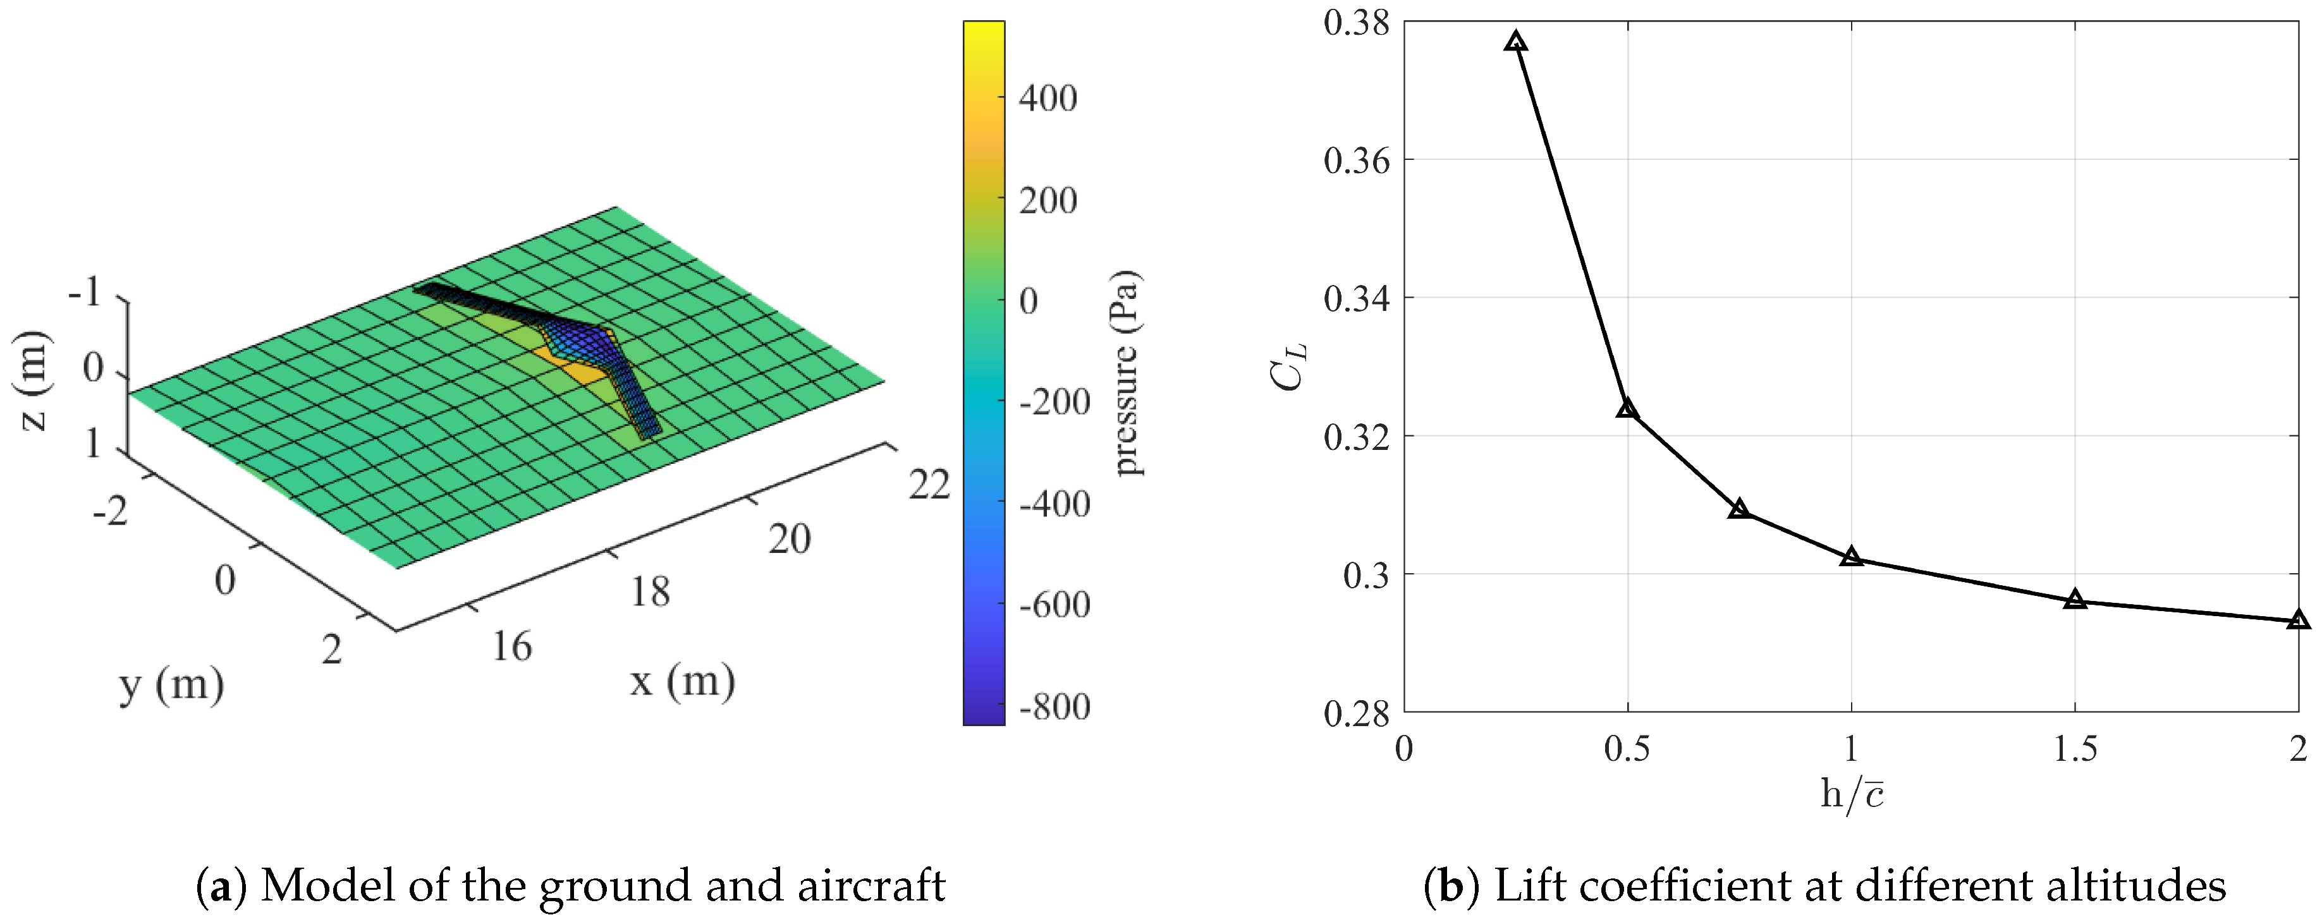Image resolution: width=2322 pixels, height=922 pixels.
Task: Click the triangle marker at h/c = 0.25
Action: pos(1516,42)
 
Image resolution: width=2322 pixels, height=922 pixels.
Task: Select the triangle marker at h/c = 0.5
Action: pos(1627,409)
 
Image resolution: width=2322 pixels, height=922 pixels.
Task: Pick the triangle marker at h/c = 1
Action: pos(1852,557)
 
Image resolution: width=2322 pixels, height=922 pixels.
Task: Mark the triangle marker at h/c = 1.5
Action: pos(2075,599)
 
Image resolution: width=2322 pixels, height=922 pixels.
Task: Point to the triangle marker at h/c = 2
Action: pos(2299,620)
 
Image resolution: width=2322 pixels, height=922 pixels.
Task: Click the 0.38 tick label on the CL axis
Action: pos(1357,23)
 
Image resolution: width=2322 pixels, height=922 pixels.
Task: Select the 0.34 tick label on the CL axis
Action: pos(1357,298)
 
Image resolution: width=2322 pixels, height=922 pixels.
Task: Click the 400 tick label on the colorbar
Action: pos(1048,97)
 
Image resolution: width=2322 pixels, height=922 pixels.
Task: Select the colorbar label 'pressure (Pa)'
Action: pos(1127,372)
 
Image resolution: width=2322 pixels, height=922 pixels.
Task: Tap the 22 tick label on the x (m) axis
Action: pos(929,486)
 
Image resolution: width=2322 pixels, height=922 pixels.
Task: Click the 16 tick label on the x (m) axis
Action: pos(511,647)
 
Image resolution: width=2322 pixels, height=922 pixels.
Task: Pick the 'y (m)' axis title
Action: pos(171,685)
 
